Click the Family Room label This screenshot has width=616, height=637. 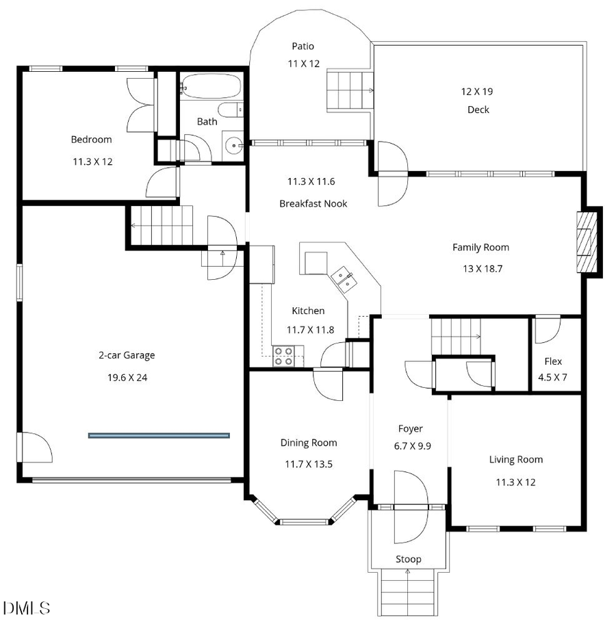(480, 247)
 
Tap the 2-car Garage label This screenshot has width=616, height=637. (127, 355)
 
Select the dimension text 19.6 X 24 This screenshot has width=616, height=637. (127, 377)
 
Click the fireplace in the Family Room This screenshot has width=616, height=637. (587, 242)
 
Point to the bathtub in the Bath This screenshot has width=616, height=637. (210, 87)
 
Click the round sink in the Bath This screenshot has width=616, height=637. (235, 145)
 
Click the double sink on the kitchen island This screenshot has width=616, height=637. (344, 279)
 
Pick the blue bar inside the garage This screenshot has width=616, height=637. (159, 434)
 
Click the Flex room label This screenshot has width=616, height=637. (553, 361)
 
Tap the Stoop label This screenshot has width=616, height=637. (409, 559)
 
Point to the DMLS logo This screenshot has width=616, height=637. (27, 607)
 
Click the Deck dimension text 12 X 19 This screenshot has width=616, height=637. (478, 91)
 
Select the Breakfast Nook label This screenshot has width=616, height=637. (313, 203)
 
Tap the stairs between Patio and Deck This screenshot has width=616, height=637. (348, 89)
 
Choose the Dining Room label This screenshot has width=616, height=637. (309, 443)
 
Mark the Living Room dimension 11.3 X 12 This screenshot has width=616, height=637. (515, 482)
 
